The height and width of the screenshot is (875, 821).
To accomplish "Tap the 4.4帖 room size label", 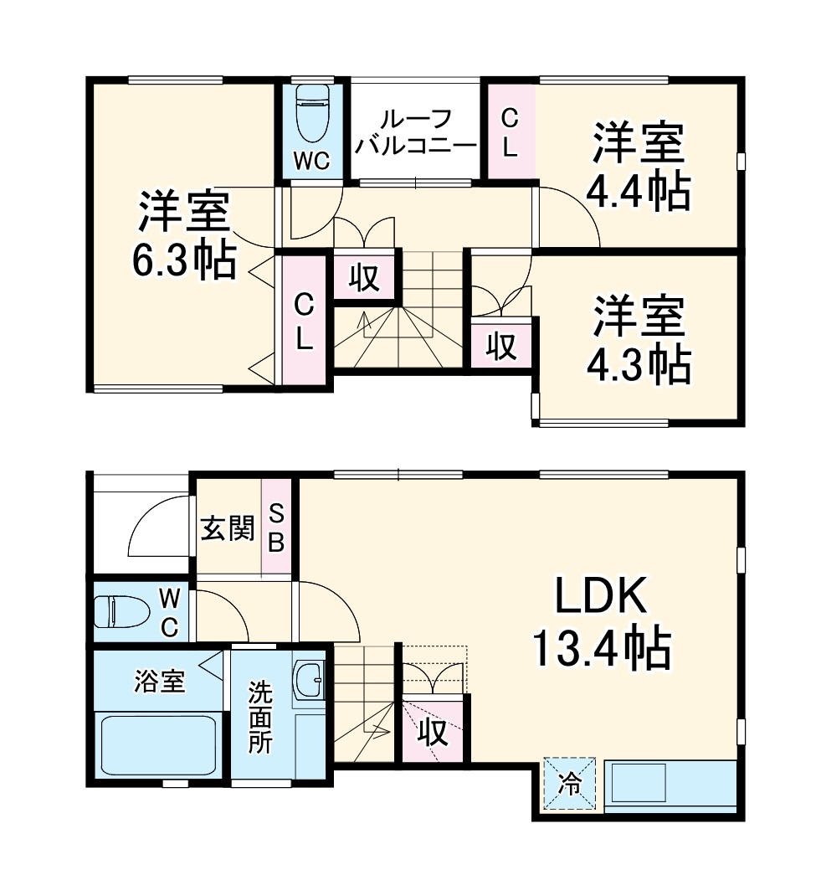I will coord(639,167).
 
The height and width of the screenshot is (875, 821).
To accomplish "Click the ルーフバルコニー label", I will coord(416,131).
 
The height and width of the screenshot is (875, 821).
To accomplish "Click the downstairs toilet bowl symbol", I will coord(113,610).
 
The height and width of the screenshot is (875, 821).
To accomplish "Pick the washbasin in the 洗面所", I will coord(310,680).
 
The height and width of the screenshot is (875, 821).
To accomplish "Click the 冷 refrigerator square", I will coord(570,785).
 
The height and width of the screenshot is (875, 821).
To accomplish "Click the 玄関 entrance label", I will coord(227,529).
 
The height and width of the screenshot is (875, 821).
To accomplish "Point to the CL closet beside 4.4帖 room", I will coord(509,132).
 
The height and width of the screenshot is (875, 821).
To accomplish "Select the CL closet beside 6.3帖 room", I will coord(304,322).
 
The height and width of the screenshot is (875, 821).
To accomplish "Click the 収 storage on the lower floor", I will coord(432,733).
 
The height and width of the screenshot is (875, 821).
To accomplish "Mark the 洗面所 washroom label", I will coord(260,718).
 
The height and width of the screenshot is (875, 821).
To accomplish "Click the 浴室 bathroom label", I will coord(159,680).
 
